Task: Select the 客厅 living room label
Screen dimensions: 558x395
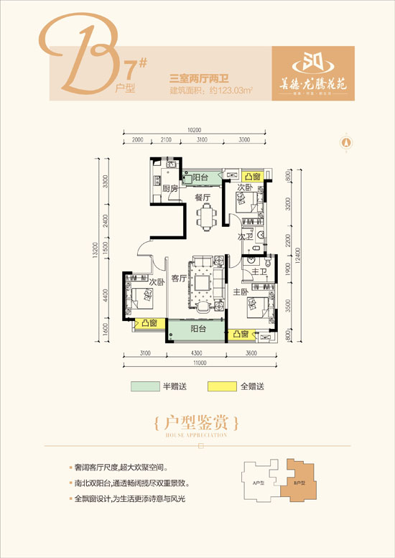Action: coord(179,278)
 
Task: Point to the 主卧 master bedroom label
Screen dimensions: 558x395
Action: coord(241,292)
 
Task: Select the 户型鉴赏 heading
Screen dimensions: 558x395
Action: coord(195,419)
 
